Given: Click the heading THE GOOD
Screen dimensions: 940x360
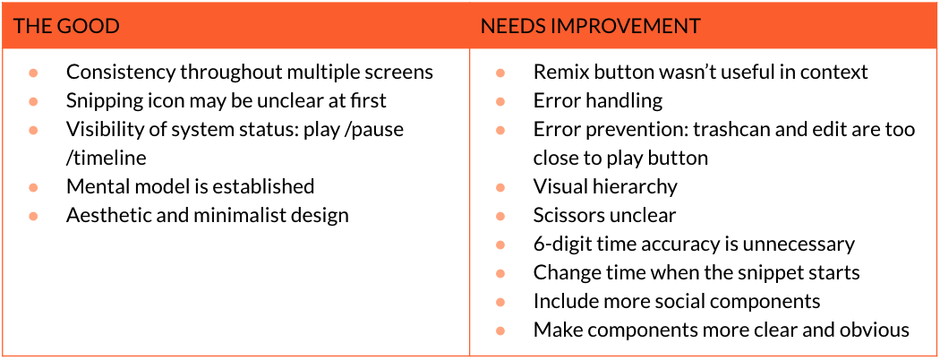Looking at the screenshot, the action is (66, 26).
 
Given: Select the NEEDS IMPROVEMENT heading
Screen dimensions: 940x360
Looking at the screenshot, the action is (591, 26).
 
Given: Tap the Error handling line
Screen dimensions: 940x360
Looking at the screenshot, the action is (598, 101).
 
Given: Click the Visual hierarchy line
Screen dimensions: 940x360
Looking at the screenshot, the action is (605, 186).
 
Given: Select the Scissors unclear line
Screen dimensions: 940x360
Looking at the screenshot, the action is (605, 215).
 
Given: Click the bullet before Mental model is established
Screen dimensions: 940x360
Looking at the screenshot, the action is (34, 187).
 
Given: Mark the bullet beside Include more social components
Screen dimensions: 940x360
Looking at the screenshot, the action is (500, 302).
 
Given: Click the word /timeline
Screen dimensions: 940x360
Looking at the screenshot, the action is (107, 158).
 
